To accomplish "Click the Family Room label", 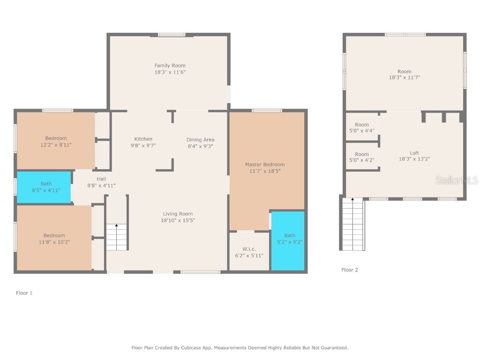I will [170, 66].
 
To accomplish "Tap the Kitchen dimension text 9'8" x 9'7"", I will [143, 146].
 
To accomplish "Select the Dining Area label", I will [200, 140].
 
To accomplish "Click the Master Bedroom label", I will [265, 165].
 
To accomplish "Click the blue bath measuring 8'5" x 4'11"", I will [45, 187].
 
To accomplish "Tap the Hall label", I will [101, 179].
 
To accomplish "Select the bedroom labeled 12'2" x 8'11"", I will [56, 142].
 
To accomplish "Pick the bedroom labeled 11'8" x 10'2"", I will [54, 239].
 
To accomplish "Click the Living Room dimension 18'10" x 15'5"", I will [178, 220].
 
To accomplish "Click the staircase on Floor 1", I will [117, 237].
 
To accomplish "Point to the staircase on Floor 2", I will [352, 224].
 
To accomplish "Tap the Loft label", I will [414, 153].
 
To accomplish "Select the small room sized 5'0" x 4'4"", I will [362, 127].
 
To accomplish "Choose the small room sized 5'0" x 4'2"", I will [362, 157].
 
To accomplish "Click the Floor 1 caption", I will [24, 293].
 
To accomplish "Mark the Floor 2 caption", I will [350, 270].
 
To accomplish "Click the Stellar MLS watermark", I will [457, 180].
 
